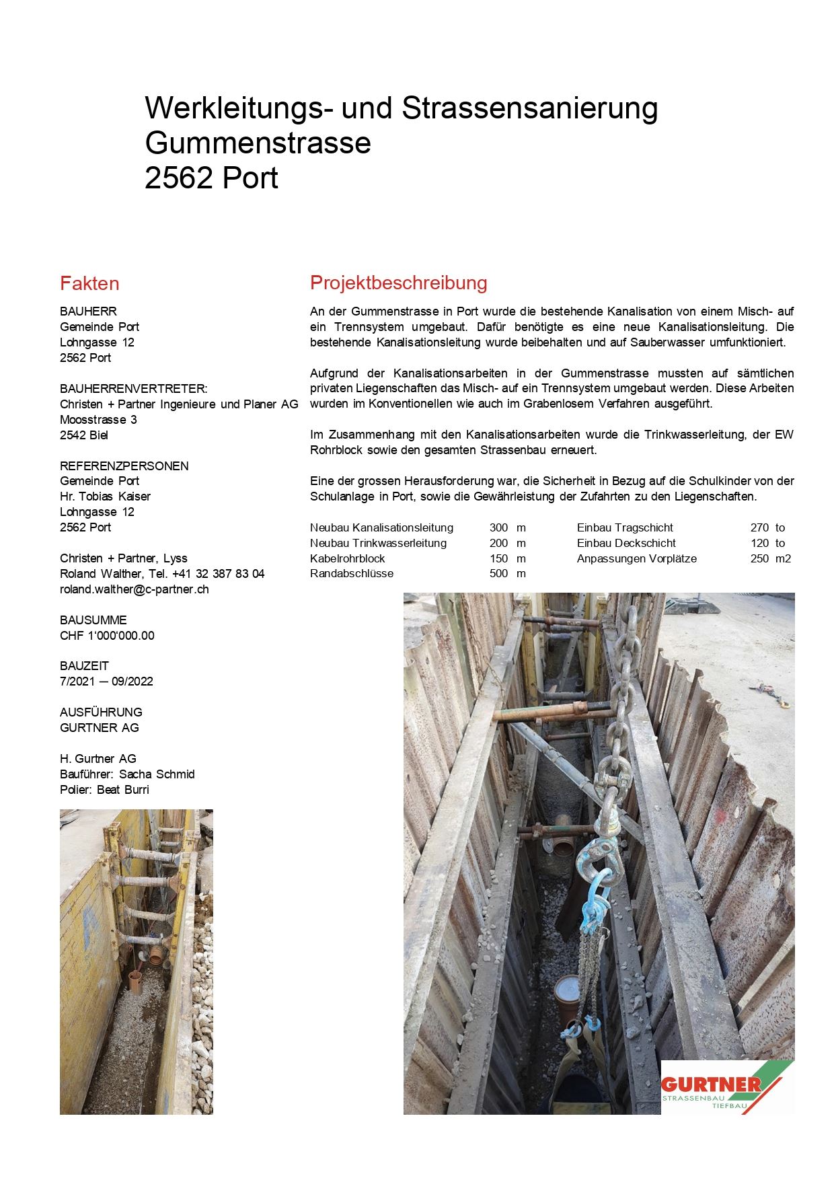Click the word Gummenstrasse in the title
click(258, 143)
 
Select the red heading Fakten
click(89, 283)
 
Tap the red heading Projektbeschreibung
click(398, 283)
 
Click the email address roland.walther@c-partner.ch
click(135, 589)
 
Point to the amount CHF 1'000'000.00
click(107, 636)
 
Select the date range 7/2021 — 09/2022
click(106, 681)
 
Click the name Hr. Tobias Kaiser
click(105, 496)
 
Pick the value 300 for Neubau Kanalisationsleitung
click(498, 528)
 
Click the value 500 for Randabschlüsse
click(498, 574)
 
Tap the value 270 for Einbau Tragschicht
click(759, 528)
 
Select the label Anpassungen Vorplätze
click(636, 559)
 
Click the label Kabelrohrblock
click(347, 559)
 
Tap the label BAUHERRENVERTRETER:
click(134, 389)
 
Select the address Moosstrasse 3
click(98, 420)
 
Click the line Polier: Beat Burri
click(104, 790)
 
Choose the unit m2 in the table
click(783, 559)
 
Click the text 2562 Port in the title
click(211, 178)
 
